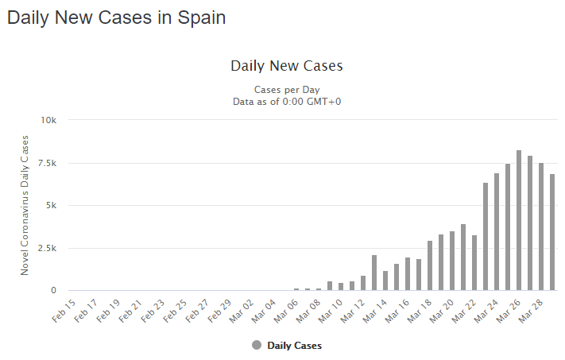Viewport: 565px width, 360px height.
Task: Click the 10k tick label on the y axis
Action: click(x=49, y=120)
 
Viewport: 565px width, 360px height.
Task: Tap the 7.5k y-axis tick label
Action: click(x=48, y=163)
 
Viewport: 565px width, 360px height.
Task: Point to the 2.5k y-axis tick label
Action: click(x=48, y=248)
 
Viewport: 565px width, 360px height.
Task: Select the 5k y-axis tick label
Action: click(x=52, y=205)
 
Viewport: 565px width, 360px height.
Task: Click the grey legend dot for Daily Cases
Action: click(x=257, y=345)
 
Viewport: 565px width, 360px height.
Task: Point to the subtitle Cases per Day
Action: click(x=287, y=90)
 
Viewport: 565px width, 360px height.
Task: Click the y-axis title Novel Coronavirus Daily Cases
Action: click(x=25, y=205)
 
